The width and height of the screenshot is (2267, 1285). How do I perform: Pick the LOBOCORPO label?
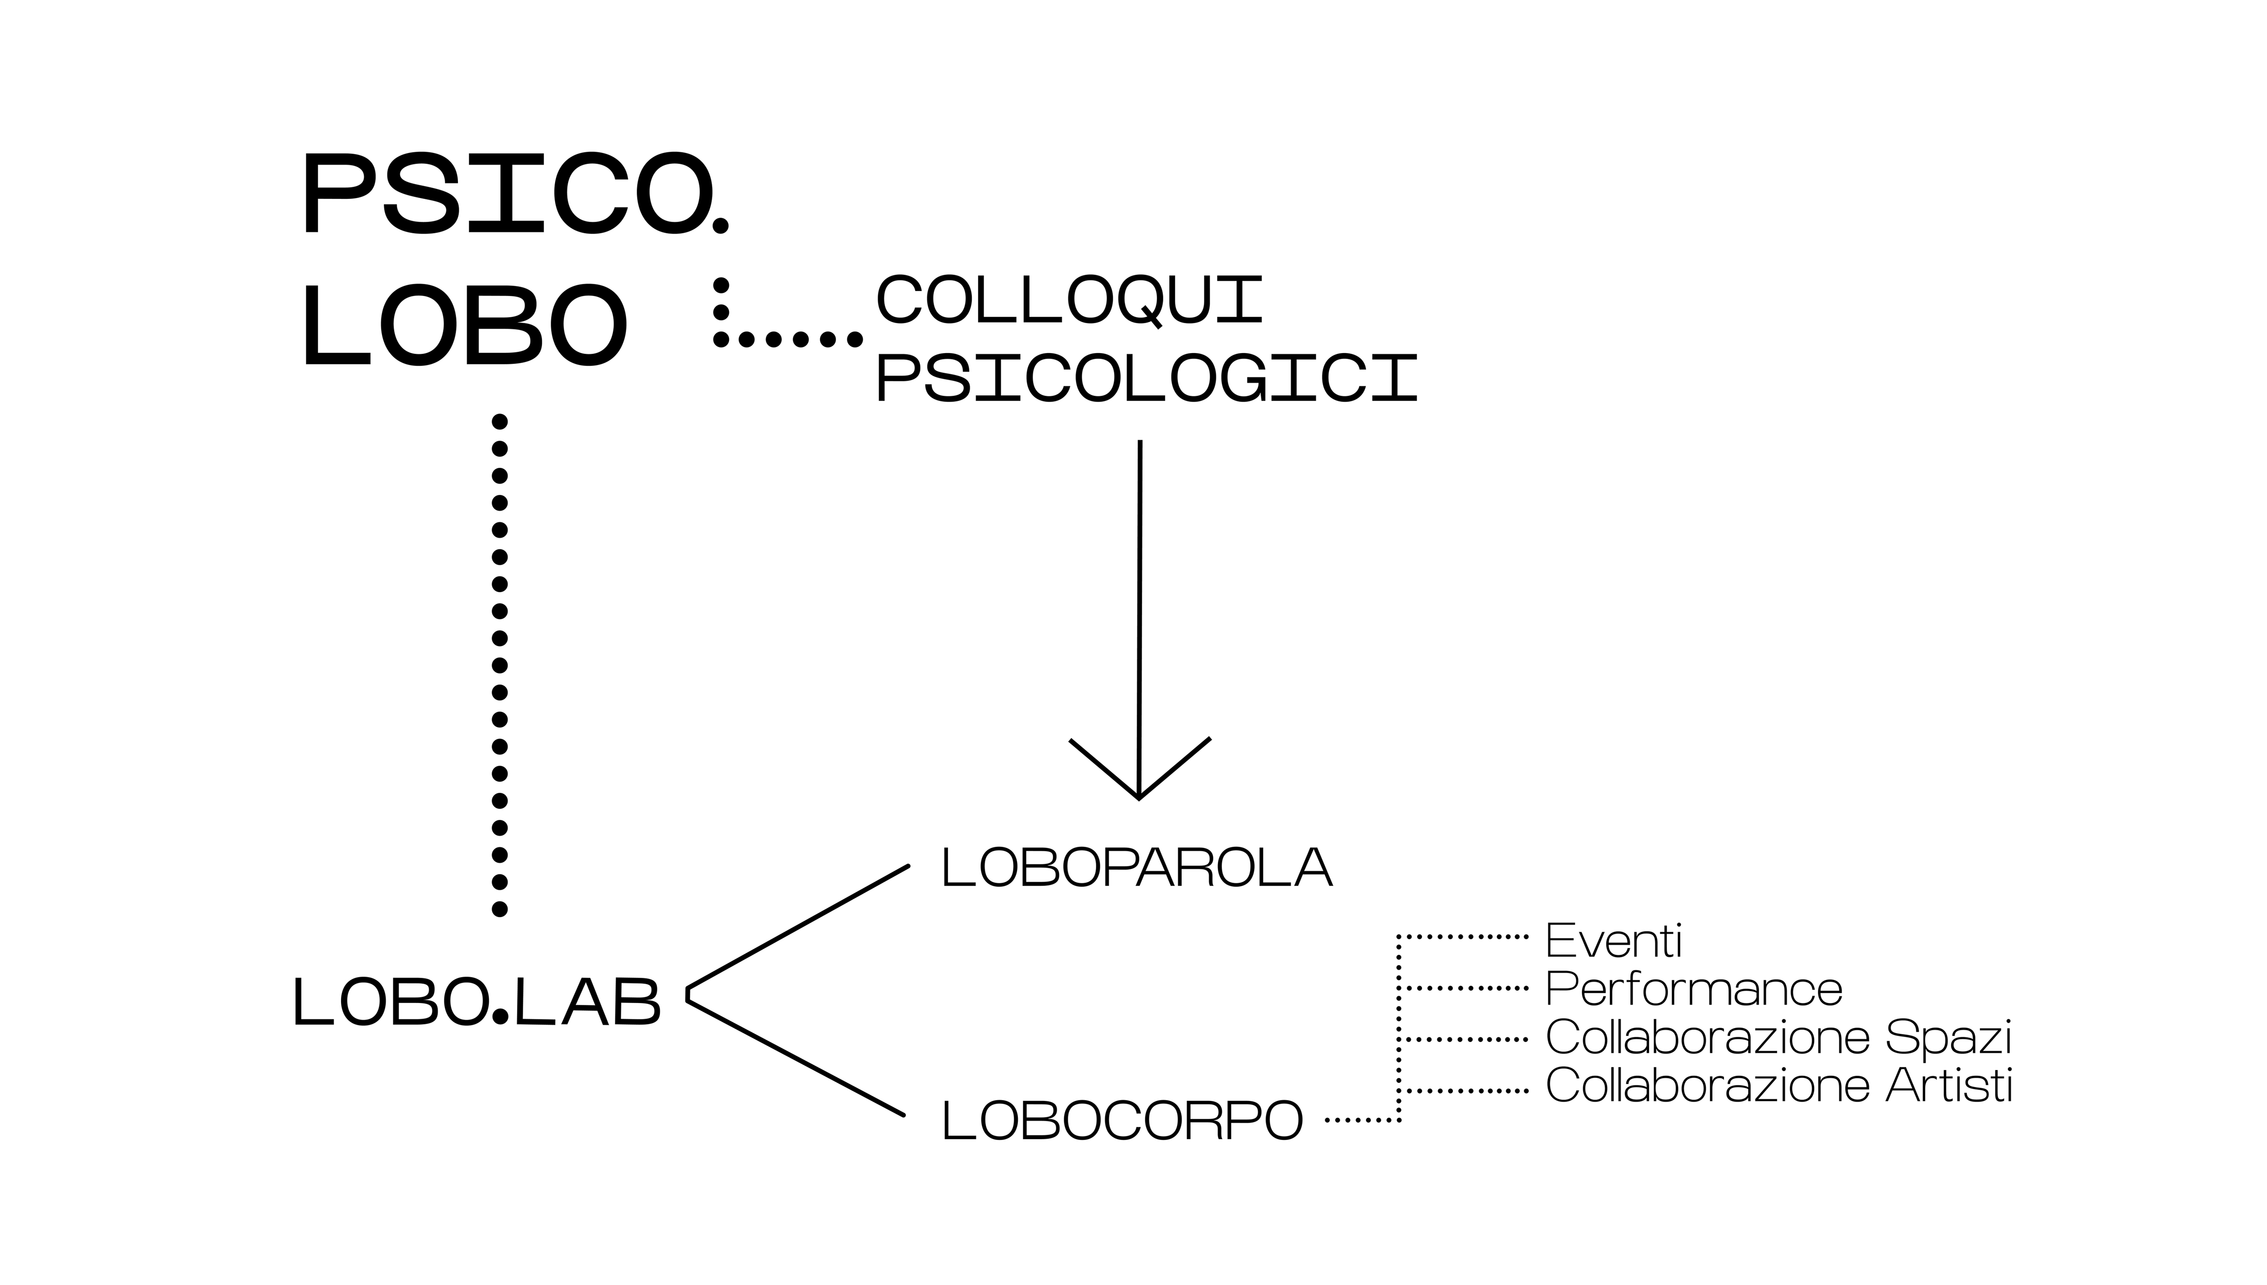(x=1123, y=1121)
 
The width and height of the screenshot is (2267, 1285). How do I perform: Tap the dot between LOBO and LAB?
(x=501, y=1016)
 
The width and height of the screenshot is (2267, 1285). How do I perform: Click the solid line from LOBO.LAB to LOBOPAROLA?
(x=799, y=926)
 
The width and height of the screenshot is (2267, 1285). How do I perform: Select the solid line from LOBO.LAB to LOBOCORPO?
(x=794, y=1057)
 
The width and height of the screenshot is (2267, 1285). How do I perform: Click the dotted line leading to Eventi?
(x=1465, y=936)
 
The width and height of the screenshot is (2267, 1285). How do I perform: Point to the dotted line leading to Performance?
(x=1465, y=989)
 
